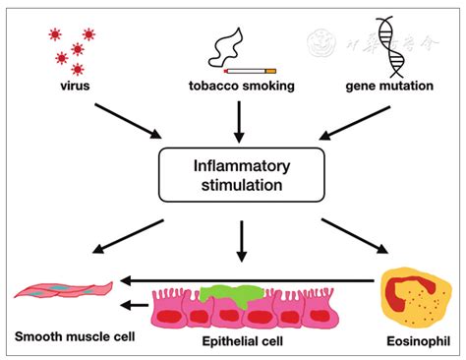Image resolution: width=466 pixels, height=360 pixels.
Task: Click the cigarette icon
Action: [x=251, y=71]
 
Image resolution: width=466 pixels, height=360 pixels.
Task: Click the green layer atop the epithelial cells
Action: [x=230, y=293]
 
